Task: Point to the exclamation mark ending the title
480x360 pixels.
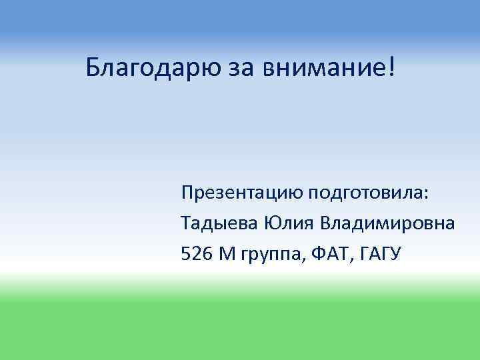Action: [390, 66]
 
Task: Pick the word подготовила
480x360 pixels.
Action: [365, 193]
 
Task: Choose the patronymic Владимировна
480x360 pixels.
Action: [389, 223]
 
